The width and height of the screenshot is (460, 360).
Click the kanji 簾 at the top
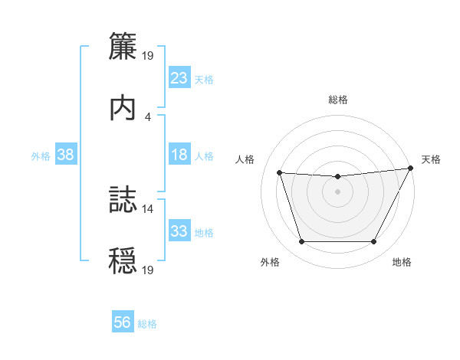click(122, 46)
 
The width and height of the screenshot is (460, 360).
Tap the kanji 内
click(122, 107)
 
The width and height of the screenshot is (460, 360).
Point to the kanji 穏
click(122, 260)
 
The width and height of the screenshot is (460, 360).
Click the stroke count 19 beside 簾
click(148, 55)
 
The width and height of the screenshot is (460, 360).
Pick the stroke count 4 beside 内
click(148, 116)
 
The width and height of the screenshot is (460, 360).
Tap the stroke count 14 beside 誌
click(148, 208)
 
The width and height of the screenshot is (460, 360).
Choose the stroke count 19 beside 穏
click(148, 270)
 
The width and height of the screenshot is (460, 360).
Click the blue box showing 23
click(179, 78)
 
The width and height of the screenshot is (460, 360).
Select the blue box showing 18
click(179, 155)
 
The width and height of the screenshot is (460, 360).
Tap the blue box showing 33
click(179, 231)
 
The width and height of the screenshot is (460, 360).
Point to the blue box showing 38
click(66, 155)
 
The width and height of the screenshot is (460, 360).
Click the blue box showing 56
click(123, 323)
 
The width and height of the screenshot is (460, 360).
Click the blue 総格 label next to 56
click(147, 324)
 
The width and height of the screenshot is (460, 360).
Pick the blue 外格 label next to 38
click(41, 155)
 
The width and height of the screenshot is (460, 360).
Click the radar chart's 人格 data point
click(280, 173)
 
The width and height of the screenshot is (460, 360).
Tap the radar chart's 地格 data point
click(373, 242)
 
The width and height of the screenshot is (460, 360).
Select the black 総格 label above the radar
click(338, 100)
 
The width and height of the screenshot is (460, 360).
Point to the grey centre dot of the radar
click(337, 191)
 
